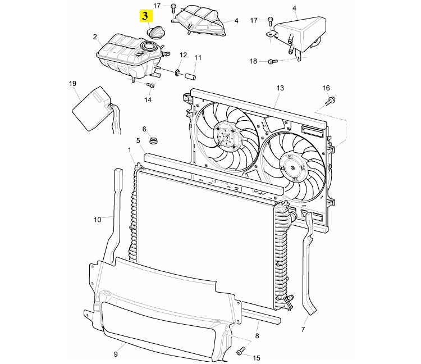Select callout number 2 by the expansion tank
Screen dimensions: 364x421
point(95,37)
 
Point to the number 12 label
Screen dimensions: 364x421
point(183,55)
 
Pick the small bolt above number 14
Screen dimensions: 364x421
point(150,85)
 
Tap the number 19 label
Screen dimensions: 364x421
point(72,84)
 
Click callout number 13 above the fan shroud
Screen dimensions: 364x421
point(280,88)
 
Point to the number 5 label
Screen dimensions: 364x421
point(138,140)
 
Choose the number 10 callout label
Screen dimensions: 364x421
point(97,220)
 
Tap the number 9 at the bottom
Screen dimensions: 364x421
point(116,354)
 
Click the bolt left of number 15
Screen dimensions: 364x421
point(242,351)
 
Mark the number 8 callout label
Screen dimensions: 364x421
point(257,336)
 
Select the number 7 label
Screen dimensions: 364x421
point(304,329)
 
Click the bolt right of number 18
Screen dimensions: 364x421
point(273,61)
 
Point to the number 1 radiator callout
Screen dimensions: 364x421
point(130,150)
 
